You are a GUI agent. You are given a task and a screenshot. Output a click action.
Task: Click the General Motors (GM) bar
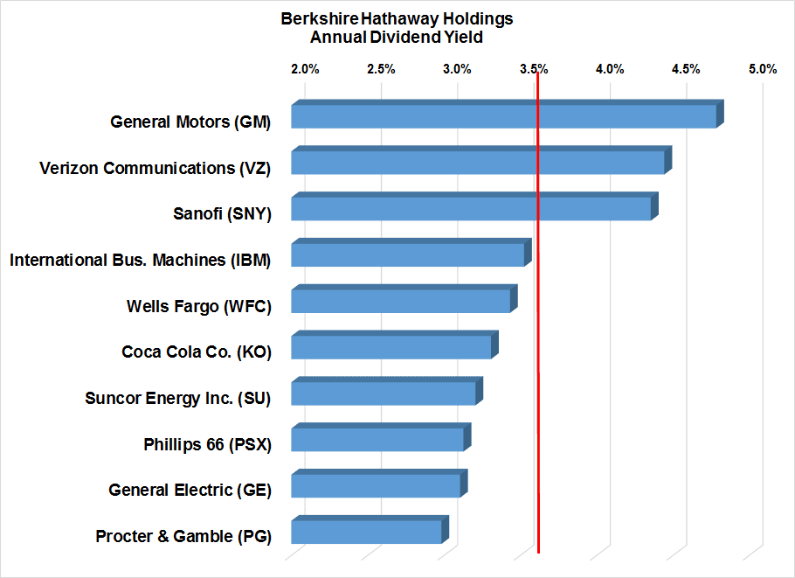pos(503,116)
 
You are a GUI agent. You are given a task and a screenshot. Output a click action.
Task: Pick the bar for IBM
pos(407,254)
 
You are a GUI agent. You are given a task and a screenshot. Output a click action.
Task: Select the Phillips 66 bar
pos(377,439)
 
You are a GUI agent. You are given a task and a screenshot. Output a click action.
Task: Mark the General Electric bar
pos(375,485)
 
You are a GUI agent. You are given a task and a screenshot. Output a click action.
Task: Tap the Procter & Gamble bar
pos(366,532)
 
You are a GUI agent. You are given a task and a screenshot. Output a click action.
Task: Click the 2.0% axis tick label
pos(305,69)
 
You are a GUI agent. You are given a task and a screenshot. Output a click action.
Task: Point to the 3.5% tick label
pos(534,69)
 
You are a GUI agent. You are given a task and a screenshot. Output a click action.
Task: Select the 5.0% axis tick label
pos(763,69)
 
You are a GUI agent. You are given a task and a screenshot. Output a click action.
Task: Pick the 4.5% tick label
pos(686,69)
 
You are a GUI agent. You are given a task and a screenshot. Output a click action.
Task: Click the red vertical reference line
pos(538,350)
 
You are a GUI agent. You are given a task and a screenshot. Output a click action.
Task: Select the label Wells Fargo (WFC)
pos(199,306)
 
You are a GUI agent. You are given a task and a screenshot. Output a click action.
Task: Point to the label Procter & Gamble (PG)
pos(183,536)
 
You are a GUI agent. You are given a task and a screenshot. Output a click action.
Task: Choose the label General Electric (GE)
pos(190,490)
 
